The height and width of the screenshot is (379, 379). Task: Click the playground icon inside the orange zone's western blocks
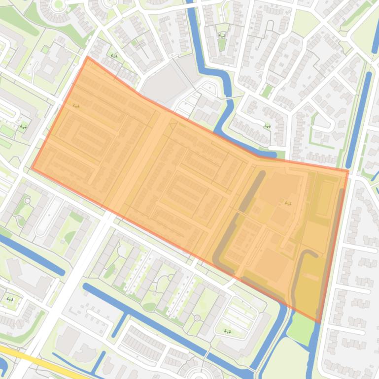76,106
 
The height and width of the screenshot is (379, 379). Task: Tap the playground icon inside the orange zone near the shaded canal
288,203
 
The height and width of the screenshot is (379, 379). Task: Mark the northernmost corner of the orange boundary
88,57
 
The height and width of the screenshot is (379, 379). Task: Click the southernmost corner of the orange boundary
319,321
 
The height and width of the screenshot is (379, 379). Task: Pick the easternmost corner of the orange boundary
348,170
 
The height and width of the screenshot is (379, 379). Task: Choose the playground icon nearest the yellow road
10,299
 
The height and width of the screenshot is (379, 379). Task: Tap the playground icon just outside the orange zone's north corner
114,56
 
